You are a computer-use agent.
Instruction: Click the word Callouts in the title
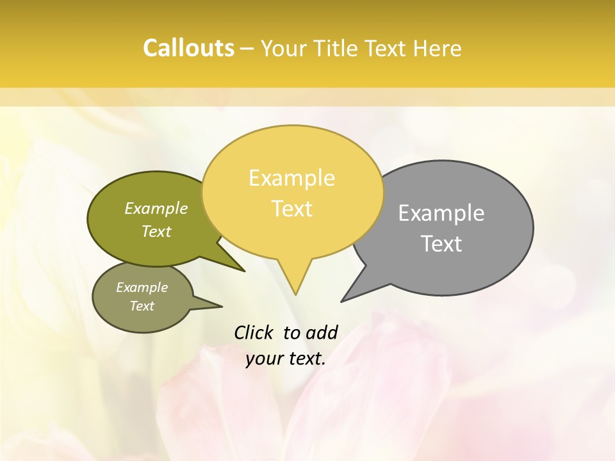[188, 49]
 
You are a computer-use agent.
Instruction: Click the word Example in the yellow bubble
[292, 178]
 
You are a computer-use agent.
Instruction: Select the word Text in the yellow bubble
[292, 209]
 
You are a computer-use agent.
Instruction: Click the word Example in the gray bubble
[441, 213]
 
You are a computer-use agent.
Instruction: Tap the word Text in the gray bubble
[441, 244]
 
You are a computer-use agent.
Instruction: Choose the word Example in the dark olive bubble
[156, 208]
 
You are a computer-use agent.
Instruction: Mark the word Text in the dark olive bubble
[156, 231]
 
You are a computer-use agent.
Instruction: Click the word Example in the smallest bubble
[142, 287]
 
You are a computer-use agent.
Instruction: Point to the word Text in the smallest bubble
[142, 306]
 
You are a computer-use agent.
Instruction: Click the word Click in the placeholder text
[254, 332]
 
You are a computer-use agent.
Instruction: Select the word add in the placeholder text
[322, 332]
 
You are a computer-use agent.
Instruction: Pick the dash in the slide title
[247, 49]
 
